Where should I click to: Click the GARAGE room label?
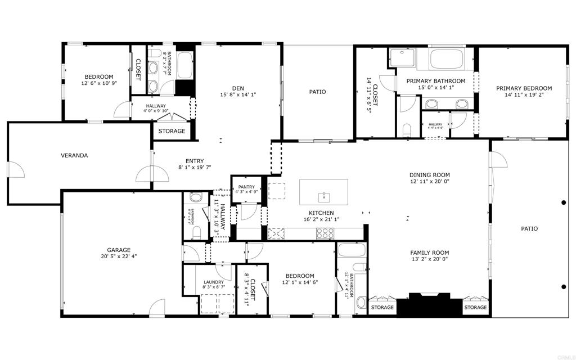119,250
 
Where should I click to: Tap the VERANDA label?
74,155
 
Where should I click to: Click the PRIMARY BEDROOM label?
523,88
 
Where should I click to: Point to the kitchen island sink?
323,196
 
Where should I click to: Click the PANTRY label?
246,187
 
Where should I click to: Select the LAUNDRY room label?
213,282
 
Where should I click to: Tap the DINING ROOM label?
429,174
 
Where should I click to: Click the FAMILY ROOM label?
429,253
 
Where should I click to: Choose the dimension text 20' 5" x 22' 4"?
119,256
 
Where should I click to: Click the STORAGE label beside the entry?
172,131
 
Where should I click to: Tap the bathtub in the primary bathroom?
446,58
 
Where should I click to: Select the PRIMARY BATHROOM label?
436,81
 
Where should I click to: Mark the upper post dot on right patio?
564,202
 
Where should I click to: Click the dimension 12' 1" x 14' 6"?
300,282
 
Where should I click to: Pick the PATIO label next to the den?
317,92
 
